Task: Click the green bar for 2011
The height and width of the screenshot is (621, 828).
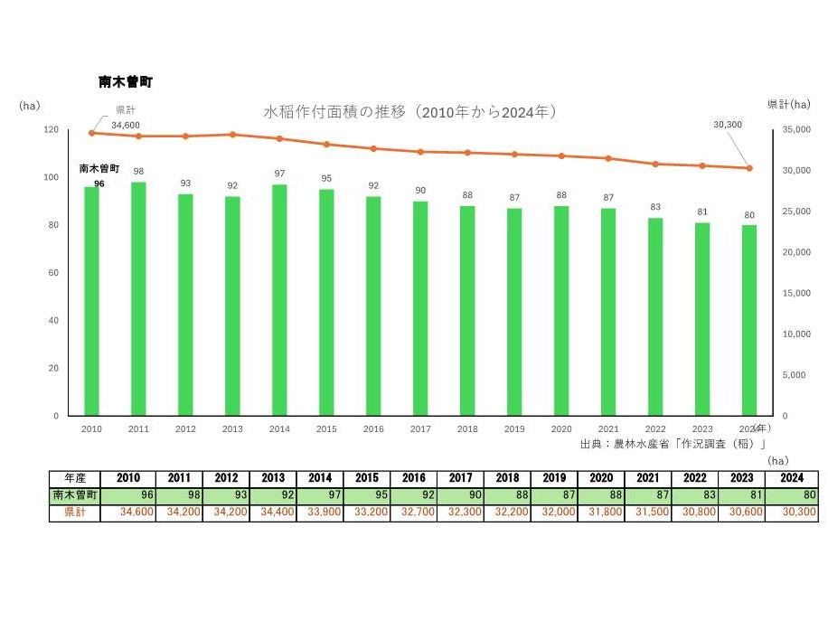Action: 138,298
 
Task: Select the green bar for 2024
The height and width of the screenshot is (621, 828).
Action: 748,320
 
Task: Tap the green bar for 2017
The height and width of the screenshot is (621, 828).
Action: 420,308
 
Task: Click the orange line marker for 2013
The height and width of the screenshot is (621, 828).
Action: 232,135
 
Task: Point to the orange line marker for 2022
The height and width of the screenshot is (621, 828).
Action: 654,164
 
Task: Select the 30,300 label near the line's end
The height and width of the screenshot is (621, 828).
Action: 728,124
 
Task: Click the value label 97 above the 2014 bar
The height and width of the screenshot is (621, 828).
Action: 279,173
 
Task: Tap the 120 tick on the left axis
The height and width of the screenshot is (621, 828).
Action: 50,130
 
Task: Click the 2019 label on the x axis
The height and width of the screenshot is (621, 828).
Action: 514,428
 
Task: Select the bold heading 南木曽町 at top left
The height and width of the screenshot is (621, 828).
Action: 126,82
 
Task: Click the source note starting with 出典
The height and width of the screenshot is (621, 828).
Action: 673,444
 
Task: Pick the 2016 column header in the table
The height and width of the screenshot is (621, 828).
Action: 413,478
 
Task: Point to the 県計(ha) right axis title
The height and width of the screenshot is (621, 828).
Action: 788,105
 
